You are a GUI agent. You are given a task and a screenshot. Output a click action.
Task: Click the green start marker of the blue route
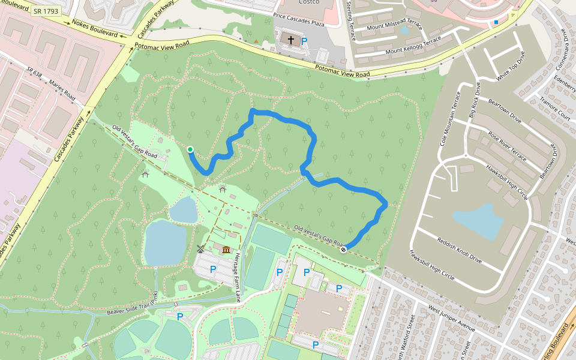(190, 149)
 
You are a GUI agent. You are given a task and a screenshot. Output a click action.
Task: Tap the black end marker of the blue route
(343, 250)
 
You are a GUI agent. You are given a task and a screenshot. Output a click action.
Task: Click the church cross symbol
(291, 40)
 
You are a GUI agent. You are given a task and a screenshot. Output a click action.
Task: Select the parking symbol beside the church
(304, 41)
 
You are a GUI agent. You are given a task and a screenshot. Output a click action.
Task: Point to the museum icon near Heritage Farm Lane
(226, 250)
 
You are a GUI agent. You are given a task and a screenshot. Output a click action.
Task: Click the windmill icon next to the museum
(201, 248)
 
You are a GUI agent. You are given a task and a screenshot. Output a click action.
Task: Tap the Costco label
(308, 2)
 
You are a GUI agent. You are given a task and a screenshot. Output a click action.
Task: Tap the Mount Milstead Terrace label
(395, 28)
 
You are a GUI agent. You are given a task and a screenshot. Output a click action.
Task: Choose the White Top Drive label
(511, 67)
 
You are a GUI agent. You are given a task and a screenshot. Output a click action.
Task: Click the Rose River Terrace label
(507, 146)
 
